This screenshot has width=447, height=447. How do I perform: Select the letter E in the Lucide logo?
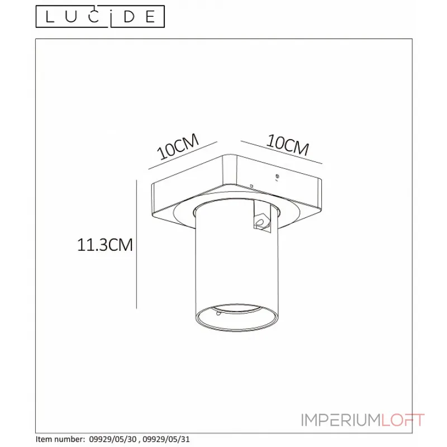tap(149, 17)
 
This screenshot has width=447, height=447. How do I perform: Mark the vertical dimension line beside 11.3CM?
tap(137, 244)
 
